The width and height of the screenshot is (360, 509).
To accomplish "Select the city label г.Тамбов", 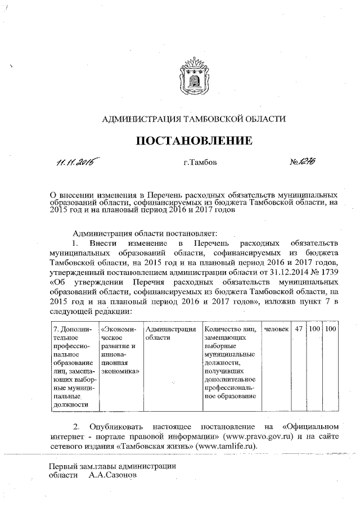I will tap(200, 163).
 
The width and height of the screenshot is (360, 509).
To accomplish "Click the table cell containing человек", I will tap(276, 328).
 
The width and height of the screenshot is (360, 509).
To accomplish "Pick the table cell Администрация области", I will tap(170, 332).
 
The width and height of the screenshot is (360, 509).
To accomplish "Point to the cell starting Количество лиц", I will tap(231, 362).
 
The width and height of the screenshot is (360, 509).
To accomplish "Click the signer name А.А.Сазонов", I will tap(112, 475).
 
